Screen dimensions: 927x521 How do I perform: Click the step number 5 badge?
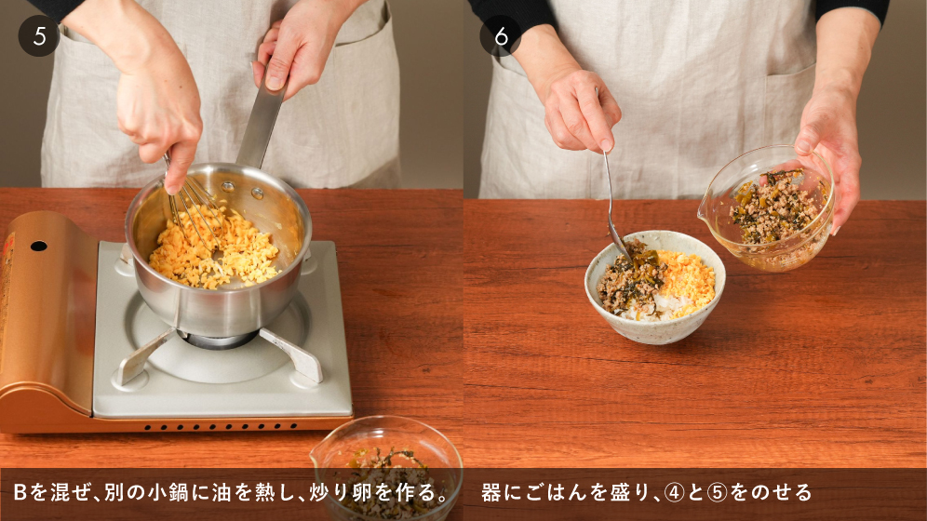click(x=39, y=36)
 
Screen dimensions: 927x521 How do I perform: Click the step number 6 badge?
click(x=501, y=36)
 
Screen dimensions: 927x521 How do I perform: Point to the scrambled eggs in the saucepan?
click(x=214, y=253)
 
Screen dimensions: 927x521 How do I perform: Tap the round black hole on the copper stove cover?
click(x=38, y=246)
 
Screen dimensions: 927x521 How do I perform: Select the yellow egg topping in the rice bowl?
click(x=686, y=281)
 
